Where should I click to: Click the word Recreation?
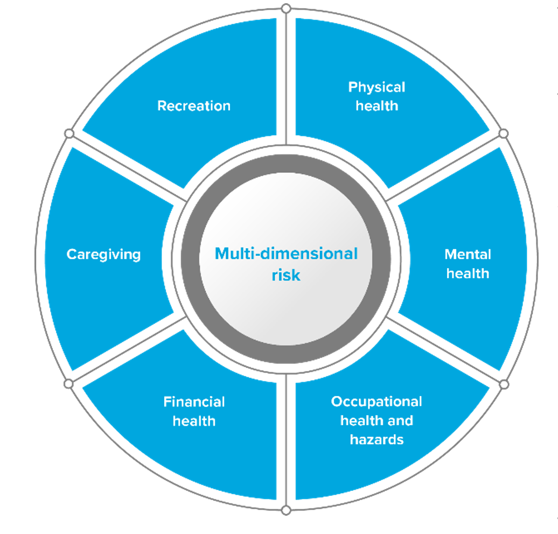[194, 106]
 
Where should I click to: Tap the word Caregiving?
[103, 254]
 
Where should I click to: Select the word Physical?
[376, 87]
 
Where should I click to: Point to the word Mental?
[468, 254]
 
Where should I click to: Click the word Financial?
[194, 402]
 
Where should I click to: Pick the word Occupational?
[376, 402]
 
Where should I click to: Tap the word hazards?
[376, 439]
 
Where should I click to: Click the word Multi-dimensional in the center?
[286, 253]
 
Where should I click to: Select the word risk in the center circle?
[286, 275]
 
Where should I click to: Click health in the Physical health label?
[376, 106]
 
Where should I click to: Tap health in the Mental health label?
[468, 273]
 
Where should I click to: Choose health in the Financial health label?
[194, 420]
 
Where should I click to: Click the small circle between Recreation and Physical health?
[286, 9]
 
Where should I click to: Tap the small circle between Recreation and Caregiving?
[69, 133]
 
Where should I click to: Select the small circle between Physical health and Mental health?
[503, 133]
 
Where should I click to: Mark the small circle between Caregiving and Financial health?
[68, 384]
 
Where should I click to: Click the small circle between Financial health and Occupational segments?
[286, 510]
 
